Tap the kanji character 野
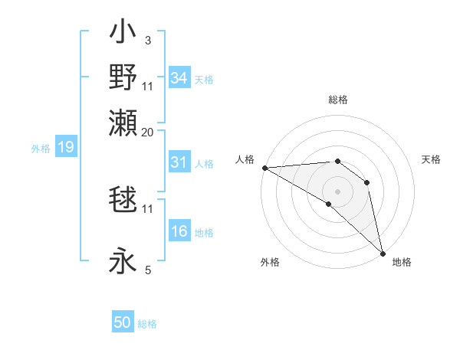123,77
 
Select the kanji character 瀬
123,120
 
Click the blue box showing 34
179,77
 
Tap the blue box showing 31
179,162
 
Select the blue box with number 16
179,232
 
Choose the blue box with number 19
65,147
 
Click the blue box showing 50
123,322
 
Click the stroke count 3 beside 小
147,39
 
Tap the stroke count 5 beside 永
147,269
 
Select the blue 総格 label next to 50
148,324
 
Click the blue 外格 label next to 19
41,149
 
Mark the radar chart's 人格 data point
264,167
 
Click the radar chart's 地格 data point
383,252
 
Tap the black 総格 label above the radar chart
337,100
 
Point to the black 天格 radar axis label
431,159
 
